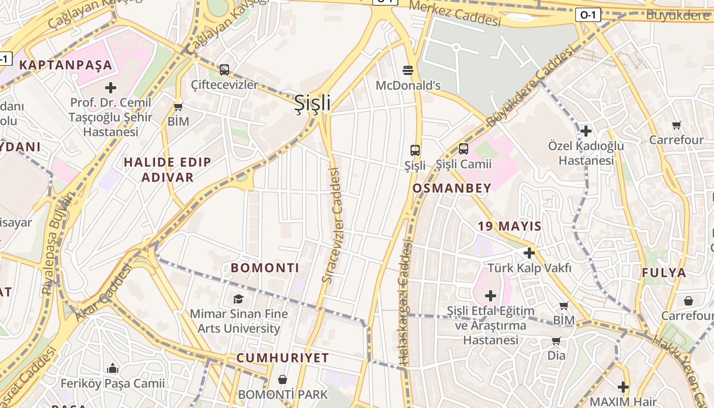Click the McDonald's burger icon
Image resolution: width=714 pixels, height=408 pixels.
407,70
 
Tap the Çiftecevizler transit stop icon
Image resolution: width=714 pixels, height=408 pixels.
224,70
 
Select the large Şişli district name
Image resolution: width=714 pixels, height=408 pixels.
312,103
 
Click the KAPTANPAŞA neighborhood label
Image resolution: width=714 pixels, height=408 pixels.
65,65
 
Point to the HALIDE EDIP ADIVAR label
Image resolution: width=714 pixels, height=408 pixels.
167,170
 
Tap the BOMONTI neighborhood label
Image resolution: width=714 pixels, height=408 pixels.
265,268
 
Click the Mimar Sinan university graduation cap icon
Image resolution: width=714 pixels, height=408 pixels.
238,299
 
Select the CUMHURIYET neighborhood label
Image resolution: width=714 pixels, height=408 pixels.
282,358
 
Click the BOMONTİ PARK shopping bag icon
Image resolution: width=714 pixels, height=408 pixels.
282,379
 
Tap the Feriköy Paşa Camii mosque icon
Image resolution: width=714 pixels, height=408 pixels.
113,368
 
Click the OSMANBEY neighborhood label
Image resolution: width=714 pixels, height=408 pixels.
451,188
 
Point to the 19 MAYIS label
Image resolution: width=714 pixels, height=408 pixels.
509,226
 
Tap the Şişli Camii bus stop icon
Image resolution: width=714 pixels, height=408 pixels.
463,149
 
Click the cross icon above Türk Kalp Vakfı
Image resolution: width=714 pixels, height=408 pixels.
529,252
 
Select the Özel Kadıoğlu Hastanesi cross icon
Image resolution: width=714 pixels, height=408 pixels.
585,131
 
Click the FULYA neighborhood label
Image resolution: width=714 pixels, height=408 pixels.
664,272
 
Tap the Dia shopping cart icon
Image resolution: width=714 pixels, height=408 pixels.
556,340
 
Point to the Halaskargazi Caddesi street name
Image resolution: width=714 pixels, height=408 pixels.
405,302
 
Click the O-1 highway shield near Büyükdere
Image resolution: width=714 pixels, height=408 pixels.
588,15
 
